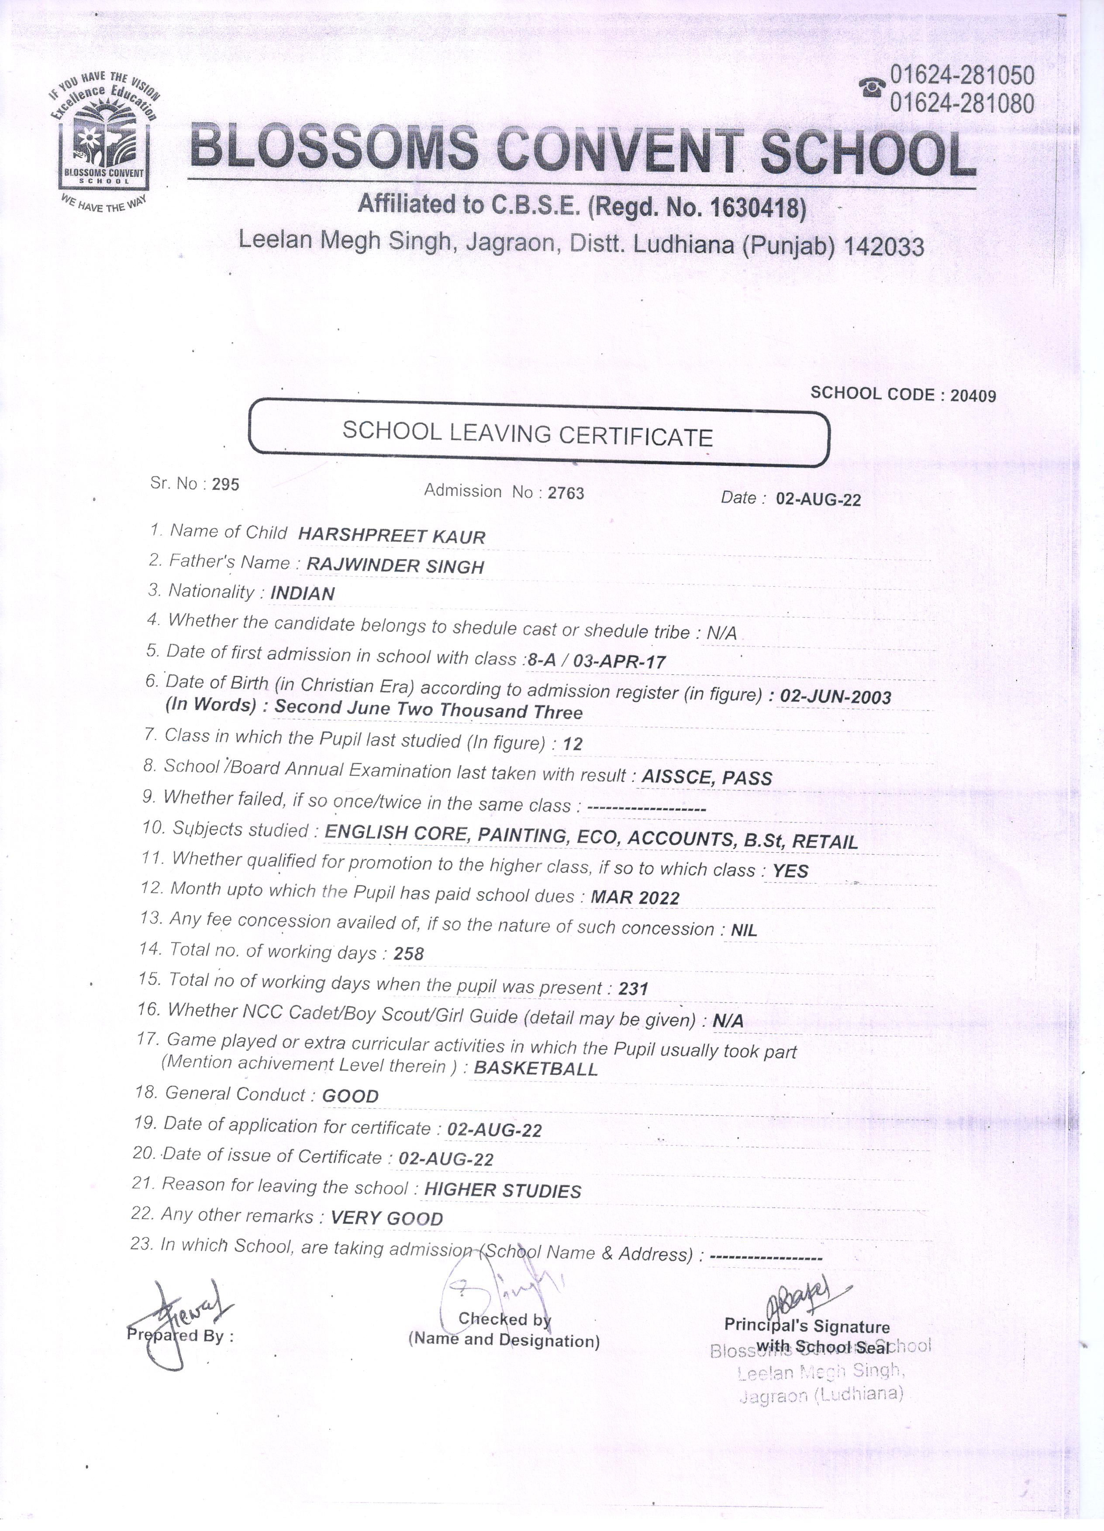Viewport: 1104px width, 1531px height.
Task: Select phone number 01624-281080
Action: point(962,104)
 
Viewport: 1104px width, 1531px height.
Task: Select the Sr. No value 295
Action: point(225,484)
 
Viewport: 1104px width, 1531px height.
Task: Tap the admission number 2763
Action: point(566,493)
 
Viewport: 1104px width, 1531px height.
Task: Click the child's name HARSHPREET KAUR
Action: point(392,537)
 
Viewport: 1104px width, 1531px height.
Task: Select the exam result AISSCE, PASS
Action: point(706,778)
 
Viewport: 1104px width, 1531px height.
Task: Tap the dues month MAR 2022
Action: point(635,897)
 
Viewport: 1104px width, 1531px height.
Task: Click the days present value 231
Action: point(633,989)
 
